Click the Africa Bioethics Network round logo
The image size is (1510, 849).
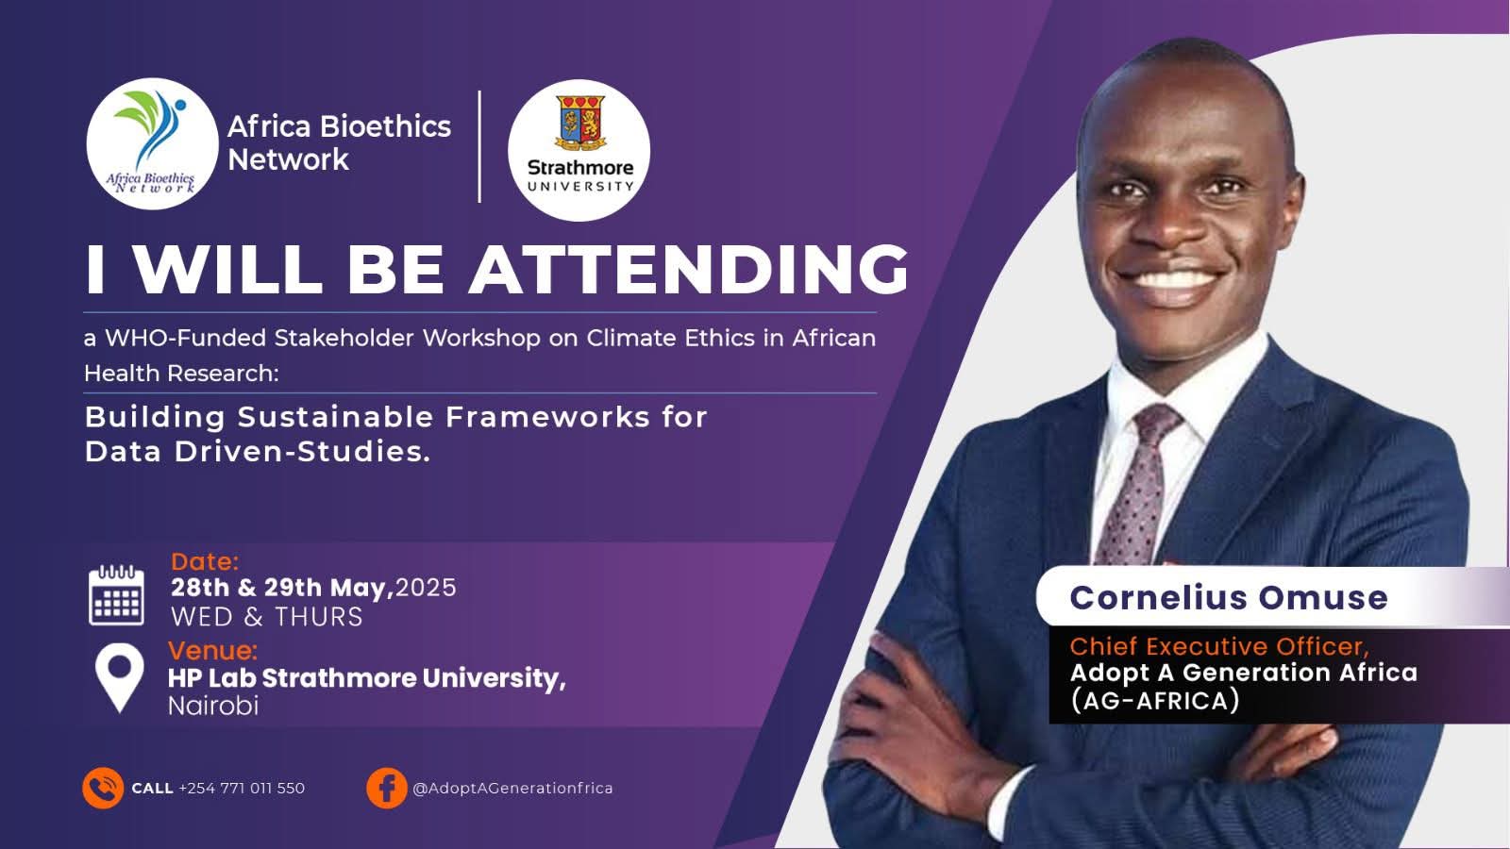coord(152,143)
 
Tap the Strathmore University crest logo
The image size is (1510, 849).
coord(579,150)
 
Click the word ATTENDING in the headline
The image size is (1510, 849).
coord(689,270)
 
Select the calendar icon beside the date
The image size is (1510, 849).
coord(117,595)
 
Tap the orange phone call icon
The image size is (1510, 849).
coord(103,788)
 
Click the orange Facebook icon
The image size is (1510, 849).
coord(387,788)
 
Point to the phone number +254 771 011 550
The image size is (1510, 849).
coord(242,788)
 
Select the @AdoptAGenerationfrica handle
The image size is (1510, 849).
coord(513,788)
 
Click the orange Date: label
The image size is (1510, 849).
coord(205,561)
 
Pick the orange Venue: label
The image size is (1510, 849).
coord(212,650)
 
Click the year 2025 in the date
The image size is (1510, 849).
coord(426,588)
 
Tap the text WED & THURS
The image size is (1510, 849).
coord(267,617)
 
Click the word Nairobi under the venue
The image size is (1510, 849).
coord(213,706)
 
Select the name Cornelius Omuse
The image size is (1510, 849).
coord(1229,598)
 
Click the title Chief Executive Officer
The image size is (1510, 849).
coord(1219,646)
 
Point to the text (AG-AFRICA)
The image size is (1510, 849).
coord(1155,701)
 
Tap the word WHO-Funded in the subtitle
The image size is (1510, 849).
coord(185,338)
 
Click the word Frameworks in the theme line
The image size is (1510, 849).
coord(548,417)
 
